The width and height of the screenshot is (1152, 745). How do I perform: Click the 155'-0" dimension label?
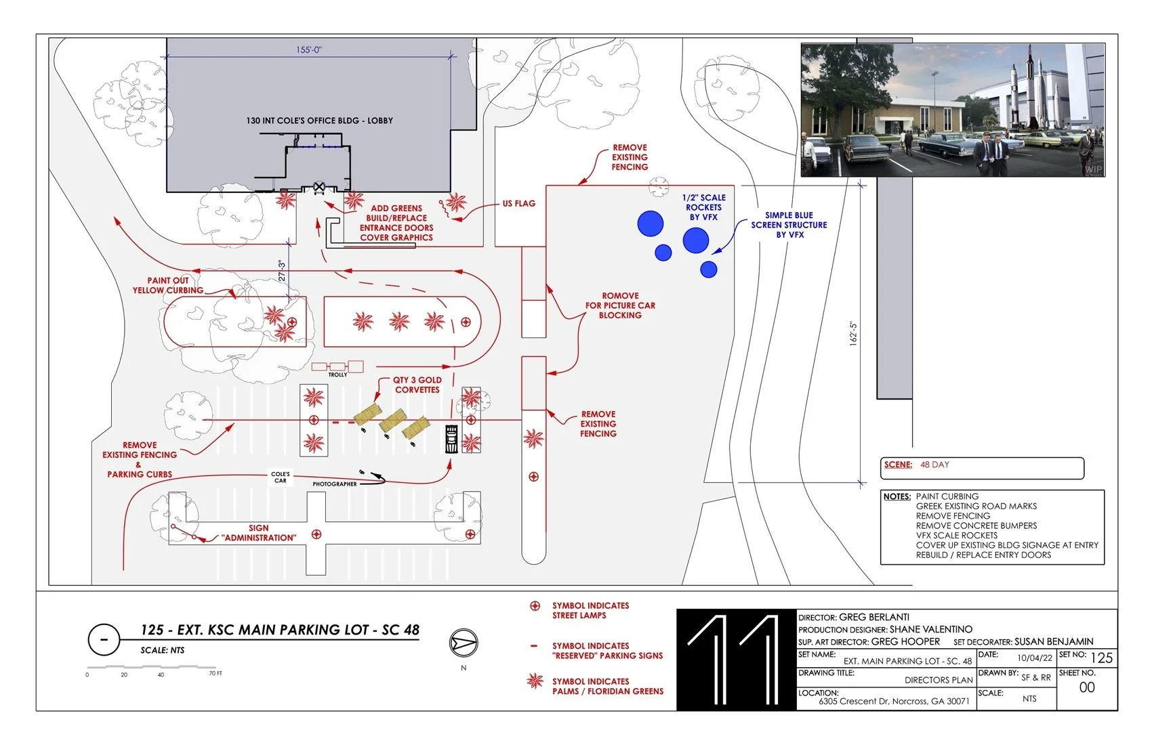coord(309,49)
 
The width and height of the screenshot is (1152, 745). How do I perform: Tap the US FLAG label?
coord(518,203)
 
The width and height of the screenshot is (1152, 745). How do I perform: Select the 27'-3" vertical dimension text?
coord(282,271)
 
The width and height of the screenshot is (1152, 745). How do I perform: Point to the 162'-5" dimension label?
coord(854,335)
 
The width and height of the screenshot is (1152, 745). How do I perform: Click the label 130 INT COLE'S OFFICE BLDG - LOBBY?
coord(319,121)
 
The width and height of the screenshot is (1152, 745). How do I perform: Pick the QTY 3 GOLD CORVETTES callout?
coord(417,385)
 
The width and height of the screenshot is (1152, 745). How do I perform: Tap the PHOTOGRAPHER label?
coord(335,484)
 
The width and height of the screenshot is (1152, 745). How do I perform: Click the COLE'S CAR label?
coord(280,477)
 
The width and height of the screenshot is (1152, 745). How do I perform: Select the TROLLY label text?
coord(337,375)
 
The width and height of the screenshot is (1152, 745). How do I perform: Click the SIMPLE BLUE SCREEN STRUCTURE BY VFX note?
coord(789,225)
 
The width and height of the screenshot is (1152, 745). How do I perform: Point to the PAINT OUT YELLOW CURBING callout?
coord(168,285)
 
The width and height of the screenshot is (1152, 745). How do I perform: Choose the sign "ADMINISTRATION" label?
coord(258,533)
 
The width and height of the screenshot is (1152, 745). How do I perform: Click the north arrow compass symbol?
coord(464,643)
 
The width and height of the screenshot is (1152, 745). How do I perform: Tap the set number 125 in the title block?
coord(1101,658)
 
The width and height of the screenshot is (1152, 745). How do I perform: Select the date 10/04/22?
coord(1035,658)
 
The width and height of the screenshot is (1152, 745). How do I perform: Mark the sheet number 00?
coord(1087,687)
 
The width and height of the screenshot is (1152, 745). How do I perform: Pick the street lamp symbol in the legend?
coord(535,605)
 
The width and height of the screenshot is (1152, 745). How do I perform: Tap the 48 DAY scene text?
coord(934,465)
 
